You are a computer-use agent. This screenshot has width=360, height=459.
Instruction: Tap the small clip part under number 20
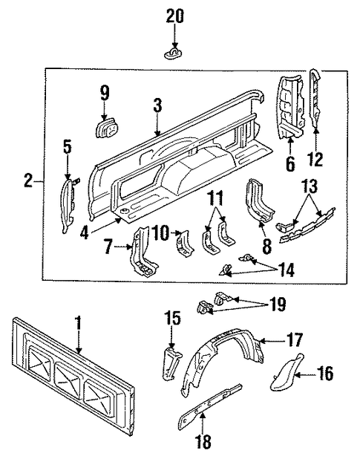[172, 53]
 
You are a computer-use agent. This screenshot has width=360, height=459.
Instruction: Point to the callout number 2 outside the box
[27, 180]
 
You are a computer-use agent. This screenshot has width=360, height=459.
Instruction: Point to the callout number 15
[171, 317]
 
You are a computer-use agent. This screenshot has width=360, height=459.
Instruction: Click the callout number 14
[285, 272]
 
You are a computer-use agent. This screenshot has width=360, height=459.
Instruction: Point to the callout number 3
[157, 105]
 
